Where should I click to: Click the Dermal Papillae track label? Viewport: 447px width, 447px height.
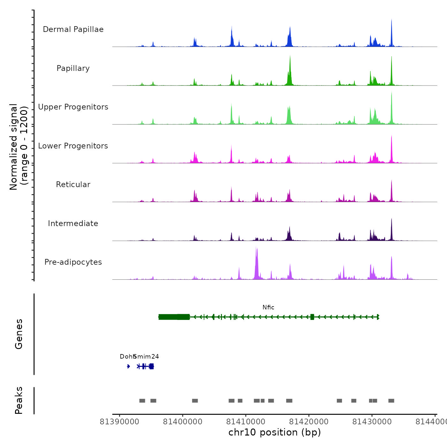tap(73, 29)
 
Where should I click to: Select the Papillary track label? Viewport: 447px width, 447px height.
tap(73, 68)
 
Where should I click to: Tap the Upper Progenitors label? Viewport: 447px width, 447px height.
tap(73, 107)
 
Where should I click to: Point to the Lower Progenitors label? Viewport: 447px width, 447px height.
tap(73, 146)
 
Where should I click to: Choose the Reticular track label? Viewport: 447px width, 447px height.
tap(73, 185)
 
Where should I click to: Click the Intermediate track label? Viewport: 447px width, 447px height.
tap(73, 223)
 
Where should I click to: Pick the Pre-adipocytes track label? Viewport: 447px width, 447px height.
tap(73, 262)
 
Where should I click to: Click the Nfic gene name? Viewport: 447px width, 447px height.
tap(268, 307)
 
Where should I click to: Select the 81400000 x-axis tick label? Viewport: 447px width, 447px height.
tap(183, 422)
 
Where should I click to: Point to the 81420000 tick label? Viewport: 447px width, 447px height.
tap(309, 422)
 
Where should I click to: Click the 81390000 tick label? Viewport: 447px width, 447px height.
tap(119, 422)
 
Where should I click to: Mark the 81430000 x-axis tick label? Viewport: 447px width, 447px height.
tap(372, 422)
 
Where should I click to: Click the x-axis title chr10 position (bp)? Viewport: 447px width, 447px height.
tap(275, 432)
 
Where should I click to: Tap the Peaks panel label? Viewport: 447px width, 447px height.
tap(19, 400)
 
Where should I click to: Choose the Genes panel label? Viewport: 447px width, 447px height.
tap(19, 334)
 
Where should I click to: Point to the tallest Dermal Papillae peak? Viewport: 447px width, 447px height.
tap(391, 20)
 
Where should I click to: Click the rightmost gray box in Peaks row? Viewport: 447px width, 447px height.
tap(391, 401)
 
